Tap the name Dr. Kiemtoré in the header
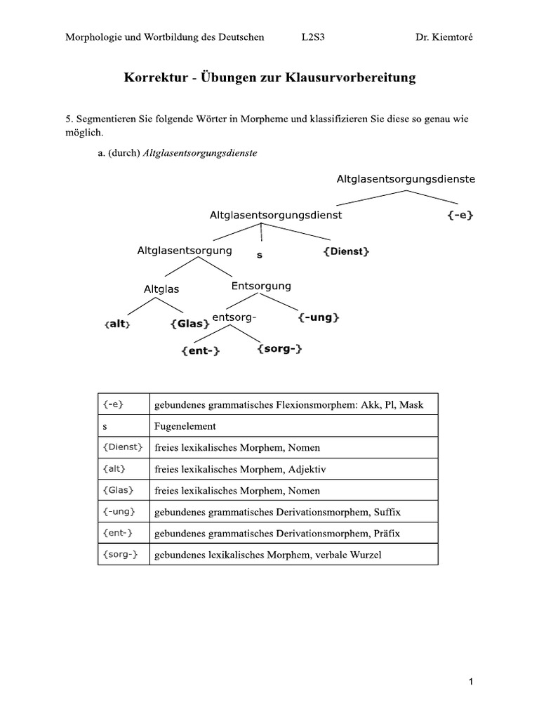[444, 37]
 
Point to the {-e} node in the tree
[460, 216]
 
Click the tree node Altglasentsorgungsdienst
[276, 216]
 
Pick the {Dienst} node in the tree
[346, 251]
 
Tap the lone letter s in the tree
[259, 256]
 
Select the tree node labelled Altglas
[161, 289]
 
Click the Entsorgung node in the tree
[260, 286]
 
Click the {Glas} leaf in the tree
[189, 324]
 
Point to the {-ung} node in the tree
[319, 318]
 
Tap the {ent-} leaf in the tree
[200, 351]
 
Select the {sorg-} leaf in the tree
[279, 348]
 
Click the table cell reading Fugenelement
[185, 426]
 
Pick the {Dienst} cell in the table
[123, 447]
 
